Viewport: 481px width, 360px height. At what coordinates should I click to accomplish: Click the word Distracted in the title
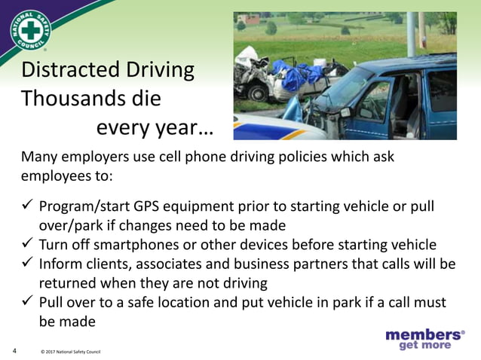pos(69,71)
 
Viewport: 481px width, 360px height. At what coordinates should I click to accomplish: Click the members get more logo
pos(424,339)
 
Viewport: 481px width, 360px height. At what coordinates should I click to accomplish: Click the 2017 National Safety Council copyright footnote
pos(70,352)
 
